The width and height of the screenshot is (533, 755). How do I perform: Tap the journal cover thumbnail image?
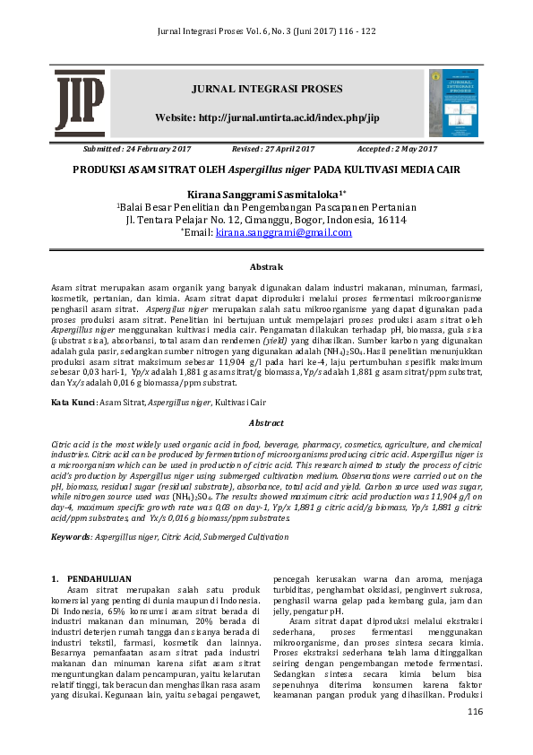(453, 103)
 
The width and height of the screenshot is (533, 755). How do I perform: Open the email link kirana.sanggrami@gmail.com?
(284, 232)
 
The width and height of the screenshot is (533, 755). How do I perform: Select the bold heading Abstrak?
(266, 267)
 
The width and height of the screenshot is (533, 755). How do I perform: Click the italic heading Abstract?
(266, 423)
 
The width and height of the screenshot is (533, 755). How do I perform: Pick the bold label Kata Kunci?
(73, 404)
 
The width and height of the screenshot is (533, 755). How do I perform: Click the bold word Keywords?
(73, 536)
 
